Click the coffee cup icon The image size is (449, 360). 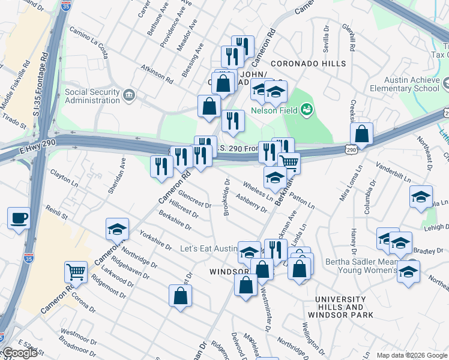click(19, 217)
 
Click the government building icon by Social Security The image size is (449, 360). click(129, 96)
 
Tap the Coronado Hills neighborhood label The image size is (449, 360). click(308, 64)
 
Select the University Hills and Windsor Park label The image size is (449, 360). click(340, 307)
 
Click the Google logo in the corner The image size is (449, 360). click(19, 353)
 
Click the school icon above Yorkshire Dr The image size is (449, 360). click(117, 229)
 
